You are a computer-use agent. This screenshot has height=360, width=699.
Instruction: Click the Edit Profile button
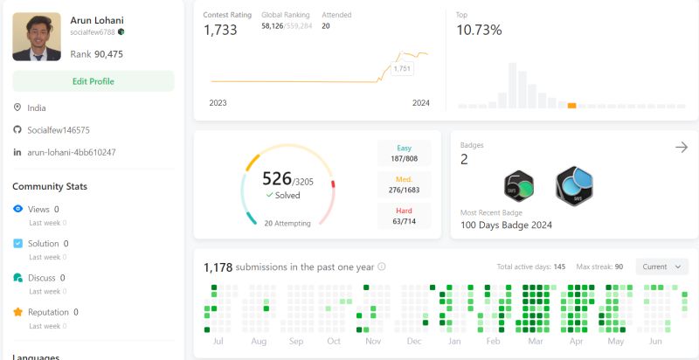93,81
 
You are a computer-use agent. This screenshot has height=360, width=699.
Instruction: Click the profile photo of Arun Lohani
37,37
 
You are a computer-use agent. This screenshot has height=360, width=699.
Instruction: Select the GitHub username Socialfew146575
58,130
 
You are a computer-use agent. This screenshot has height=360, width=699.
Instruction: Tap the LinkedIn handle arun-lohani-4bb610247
72,152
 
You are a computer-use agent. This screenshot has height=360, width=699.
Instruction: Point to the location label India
37,108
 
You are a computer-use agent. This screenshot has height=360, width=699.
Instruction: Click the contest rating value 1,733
220,31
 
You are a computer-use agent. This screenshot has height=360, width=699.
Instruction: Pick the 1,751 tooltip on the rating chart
402,68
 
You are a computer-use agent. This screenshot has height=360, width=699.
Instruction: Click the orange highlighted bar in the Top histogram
571,106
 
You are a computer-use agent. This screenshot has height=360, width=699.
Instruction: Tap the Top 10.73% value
479,31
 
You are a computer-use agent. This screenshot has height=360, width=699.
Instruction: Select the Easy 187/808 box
405,153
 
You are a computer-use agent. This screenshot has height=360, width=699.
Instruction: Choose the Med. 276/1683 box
405,183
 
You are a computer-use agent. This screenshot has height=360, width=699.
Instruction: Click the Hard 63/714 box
405,214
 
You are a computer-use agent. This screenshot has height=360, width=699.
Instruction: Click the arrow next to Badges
682,148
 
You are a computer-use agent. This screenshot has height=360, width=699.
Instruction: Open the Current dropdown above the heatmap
661,267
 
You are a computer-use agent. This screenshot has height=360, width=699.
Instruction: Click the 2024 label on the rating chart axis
421,103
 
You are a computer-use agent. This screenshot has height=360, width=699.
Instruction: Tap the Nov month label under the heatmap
373,342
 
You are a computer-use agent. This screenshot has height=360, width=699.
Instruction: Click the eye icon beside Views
18,210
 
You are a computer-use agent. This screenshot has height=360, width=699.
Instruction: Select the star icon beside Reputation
18,312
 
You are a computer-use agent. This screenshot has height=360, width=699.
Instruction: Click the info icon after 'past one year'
382,267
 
